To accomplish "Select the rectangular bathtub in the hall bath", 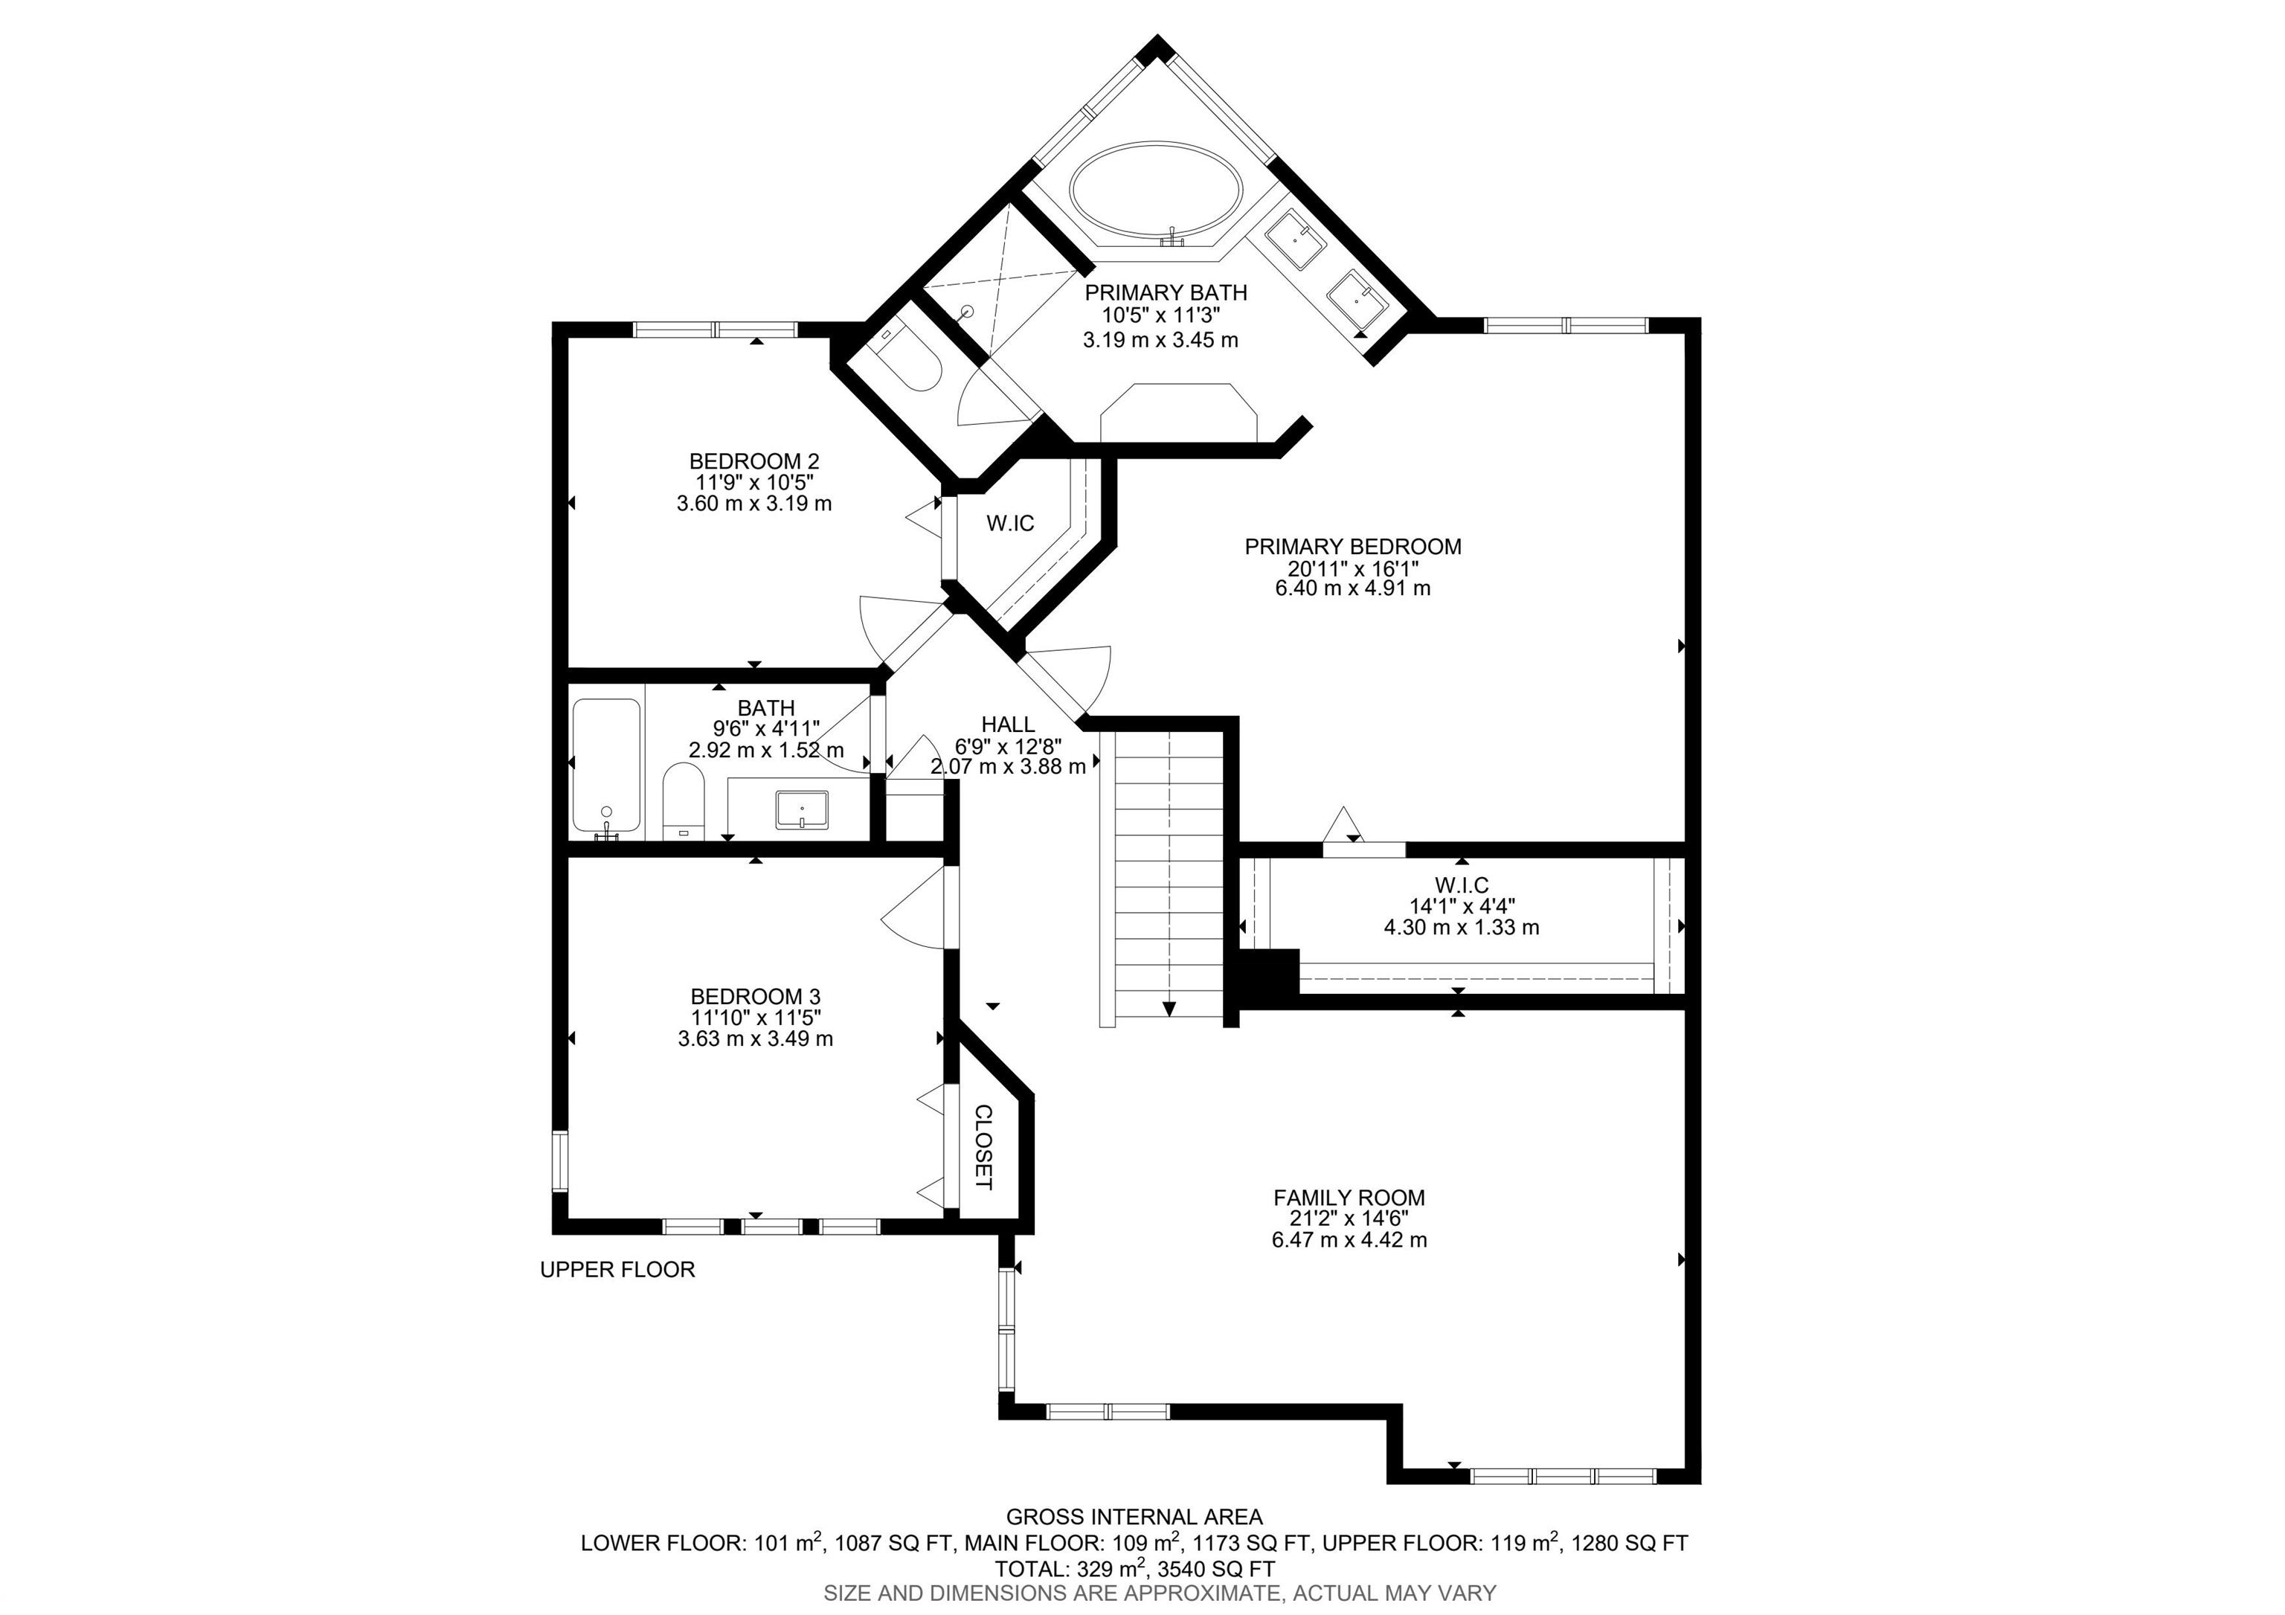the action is (606, 766).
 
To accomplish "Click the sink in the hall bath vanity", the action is (802, 809).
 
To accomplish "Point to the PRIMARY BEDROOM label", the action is (1352, 546).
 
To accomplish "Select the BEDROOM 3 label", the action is (756, 996).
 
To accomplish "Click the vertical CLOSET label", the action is (983, 1147).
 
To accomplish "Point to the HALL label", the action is (1007, 725).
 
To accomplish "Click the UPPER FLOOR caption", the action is (617, 1270).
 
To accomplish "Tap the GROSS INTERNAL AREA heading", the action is (1134, 1518).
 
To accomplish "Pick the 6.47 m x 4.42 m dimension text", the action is (1349, 1240).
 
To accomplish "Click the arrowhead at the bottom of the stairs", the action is (1169, 1008).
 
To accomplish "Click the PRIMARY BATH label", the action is (1166, 292).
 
